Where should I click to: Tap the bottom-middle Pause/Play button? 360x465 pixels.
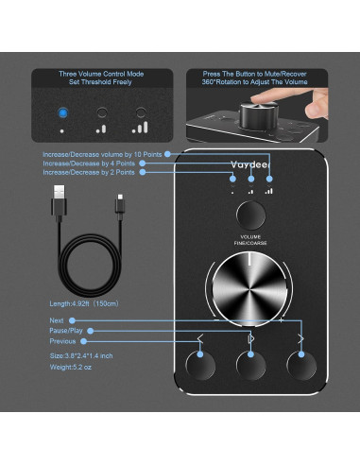click(x=250, y=365)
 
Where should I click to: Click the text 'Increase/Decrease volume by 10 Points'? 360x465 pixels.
click(x=103, y=152)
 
